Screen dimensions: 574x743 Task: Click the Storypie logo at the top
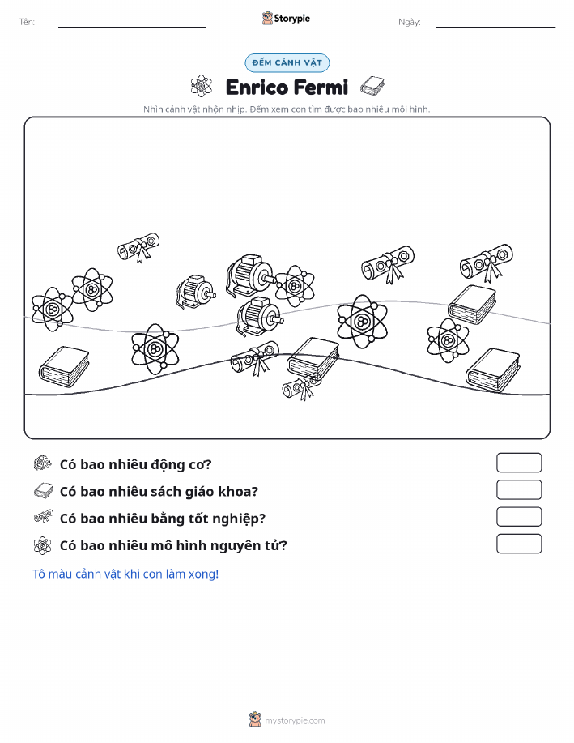286,19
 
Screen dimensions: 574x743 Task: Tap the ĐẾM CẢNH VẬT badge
287,62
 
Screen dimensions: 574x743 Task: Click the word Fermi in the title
321,88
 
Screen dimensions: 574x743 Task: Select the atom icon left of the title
202,86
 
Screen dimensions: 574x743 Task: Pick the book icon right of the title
372,86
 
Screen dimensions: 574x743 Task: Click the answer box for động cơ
519,463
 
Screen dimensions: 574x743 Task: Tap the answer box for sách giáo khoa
519,489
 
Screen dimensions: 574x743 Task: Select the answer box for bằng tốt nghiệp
519,516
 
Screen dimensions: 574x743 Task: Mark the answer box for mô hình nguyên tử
519,544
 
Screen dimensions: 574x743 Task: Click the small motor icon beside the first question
43,463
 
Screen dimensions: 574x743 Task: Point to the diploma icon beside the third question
44,516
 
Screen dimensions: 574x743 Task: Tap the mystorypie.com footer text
295,720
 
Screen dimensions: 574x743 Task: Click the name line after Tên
132,27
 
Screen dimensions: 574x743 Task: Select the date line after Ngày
495,27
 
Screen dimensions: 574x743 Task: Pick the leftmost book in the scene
64,365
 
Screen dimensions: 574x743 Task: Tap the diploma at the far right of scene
487,262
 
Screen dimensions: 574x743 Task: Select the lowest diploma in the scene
302,386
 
